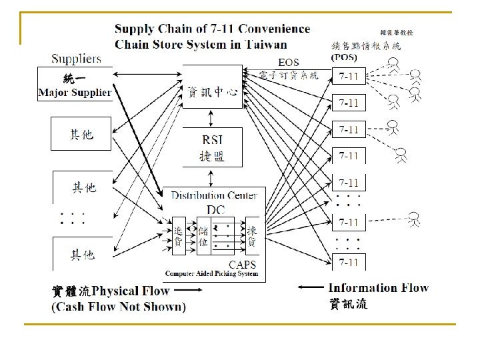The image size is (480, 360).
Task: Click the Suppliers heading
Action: coord(77,59)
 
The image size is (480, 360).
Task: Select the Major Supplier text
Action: coord(75,93)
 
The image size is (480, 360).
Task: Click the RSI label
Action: coord(213,140)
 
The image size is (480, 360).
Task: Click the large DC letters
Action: coord(215,209)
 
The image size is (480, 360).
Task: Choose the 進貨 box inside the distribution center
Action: coord(179,236)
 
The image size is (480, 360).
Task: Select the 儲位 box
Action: coord(203,236)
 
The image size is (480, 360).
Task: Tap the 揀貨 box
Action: coord(252,236)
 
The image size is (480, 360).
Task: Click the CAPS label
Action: coord(242,265)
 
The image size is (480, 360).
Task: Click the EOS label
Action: coord(288,63)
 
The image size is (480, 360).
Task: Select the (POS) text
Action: coord(344,57)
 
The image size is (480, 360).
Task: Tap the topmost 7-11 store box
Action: coord(349,76)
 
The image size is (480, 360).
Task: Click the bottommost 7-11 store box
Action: coord(349,262)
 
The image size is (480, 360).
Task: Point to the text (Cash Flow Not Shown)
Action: coord(119,307)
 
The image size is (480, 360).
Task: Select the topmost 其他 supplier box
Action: coord(82,135)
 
